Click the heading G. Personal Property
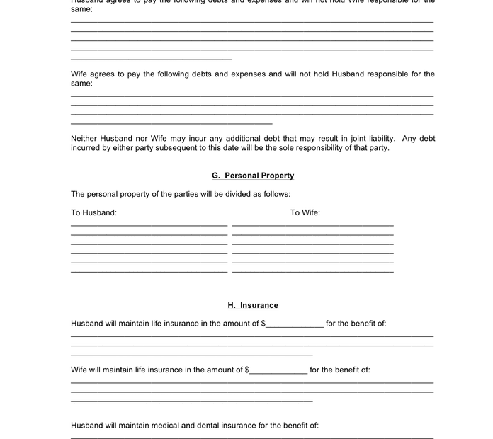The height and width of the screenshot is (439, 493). click(253, 176)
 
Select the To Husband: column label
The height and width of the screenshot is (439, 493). click(93, 212)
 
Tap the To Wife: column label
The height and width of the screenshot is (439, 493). click(305, 212)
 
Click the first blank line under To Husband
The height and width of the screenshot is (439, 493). click(149, 225)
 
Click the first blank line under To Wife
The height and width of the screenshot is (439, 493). click(312, 225)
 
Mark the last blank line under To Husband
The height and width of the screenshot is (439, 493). click(149, 271)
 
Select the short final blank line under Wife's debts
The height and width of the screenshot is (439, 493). click(171, 123)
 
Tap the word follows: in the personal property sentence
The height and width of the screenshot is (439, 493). click(277, 194)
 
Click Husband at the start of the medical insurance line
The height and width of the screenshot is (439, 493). click(87, 426)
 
